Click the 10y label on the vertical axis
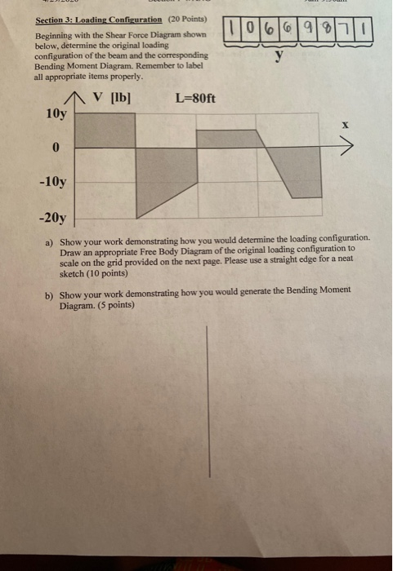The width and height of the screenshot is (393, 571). coord(56,113)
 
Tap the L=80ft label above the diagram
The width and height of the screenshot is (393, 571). coord(195,100)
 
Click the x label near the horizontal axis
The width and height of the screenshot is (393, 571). coord(346,126)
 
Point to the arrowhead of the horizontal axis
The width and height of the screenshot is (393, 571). coord(350,148)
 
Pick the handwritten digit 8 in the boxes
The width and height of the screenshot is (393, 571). coord(328,31)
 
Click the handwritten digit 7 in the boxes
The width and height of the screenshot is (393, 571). coord(347,31)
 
